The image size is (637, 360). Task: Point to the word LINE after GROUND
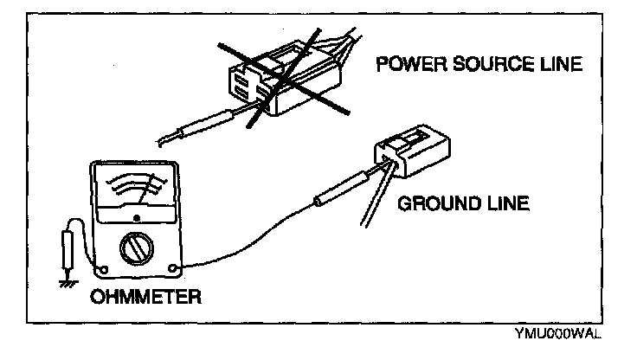[501, 204]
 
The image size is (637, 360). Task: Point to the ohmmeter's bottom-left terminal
[101, 266]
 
